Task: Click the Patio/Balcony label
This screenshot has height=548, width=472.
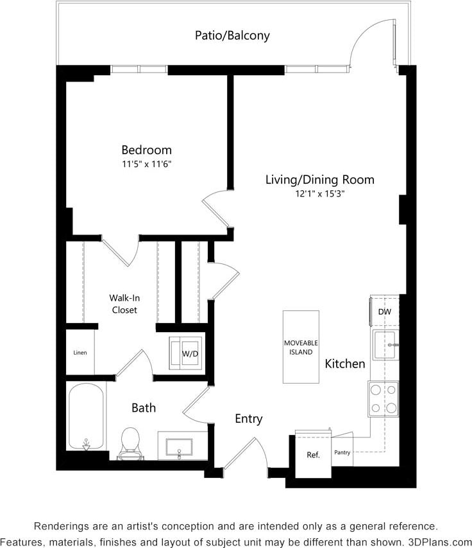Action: coord(232,35)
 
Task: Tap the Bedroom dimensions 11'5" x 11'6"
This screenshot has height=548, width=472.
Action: coord(147,164)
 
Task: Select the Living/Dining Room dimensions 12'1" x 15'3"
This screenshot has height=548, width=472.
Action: coord(319,194)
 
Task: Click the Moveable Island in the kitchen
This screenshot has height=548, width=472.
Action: coord(301,347)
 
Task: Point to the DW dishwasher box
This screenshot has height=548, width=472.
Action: coord(384,312)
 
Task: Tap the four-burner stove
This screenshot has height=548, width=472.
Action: coord(383,398)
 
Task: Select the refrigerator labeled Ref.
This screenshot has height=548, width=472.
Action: coord(312,455)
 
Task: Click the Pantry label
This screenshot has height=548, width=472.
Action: coord(342,452)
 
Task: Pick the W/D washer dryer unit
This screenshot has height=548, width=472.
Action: coord(187,353)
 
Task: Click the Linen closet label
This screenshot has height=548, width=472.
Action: coord(80,352)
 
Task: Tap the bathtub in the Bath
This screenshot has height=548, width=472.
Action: coord(86,416)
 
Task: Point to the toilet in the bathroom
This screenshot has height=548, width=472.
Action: coord(131,441)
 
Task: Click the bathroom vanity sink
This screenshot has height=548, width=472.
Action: coord(179,446)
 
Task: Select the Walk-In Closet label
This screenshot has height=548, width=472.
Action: coord(123,303)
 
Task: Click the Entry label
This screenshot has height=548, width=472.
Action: coord(248,419)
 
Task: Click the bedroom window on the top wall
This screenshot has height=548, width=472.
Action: coord(139,69)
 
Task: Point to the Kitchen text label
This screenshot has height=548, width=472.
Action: coord(345,364)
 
